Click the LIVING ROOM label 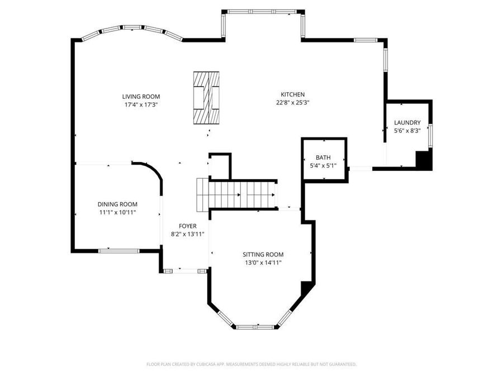[141, 96]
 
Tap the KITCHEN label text [292, 94]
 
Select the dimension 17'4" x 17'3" [141, 104]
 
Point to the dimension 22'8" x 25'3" [292, 103]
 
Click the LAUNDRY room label [407, 123]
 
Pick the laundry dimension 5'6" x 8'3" [407, 131]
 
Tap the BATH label [323, 158]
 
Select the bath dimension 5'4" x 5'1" [323, 166]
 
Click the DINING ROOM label [117, 204]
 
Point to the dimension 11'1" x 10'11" [117, 213]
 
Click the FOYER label [187, 226]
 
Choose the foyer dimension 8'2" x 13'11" [187, 234]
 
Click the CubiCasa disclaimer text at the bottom [251, 364]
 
